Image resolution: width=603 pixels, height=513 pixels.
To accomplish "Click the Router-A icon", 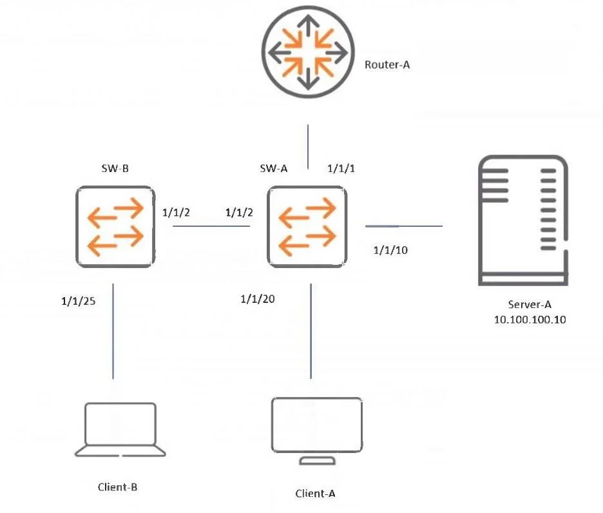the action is tap(308, 52).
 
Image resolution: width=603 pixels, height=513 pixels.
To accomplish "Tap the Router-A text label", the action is tap(387, 64).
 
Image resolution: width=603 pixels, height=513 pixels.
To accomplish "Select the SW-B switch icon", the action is tap(115, 227).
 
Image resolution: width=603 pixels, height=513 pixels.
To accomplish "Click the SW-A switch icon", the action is tap(307, 227).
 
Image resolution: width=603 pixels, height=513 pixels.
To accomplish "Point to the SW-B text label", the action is tap(115, 168).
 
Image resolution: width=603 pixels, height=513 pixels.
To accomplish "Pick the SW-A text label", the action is tap(273, 168).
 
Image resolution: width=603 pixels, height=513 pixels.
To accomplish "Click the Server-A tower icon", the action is tap(523, 220).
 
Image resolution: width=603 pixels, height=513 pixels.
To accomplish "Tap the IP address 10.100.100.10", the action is tap(530, 320).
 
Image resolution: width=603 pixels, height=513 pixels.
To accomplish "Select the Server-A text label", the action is tap(530, 304).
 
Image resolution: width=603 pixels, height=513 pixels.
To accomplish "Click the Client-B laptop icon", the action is tap(120, 429).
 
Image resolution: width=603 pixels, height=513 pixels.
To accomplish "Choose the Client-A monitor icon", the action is tap(317, 431).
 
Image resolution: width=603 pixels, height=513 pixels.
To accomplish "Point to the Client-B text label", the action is tap(117, 487).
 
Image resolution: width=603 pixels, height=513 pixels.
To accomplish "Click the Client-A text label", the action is tap(315, 494).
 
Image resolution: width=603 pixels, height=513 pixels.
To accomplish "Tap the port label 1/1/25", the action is tap(79, 301).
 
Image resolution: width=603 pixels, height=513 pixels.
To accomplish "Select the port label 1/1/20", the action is tap(258, 299).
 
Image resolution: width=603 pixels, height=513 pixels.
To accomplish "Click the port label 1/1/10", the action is tap(390, 250).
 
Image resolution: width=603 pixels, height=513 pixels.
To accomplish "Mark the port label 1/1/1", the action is tap(341, 168).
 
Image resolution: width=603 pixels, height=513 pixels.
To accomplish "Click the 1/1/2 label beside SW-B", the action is tap(176, 213).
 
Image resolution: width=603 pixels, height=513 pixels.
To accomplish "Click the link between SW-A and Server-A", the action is tap(404, 226).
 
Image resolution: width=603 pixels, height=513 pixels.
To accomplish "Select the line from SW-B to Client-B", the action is tap(113, 331).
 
